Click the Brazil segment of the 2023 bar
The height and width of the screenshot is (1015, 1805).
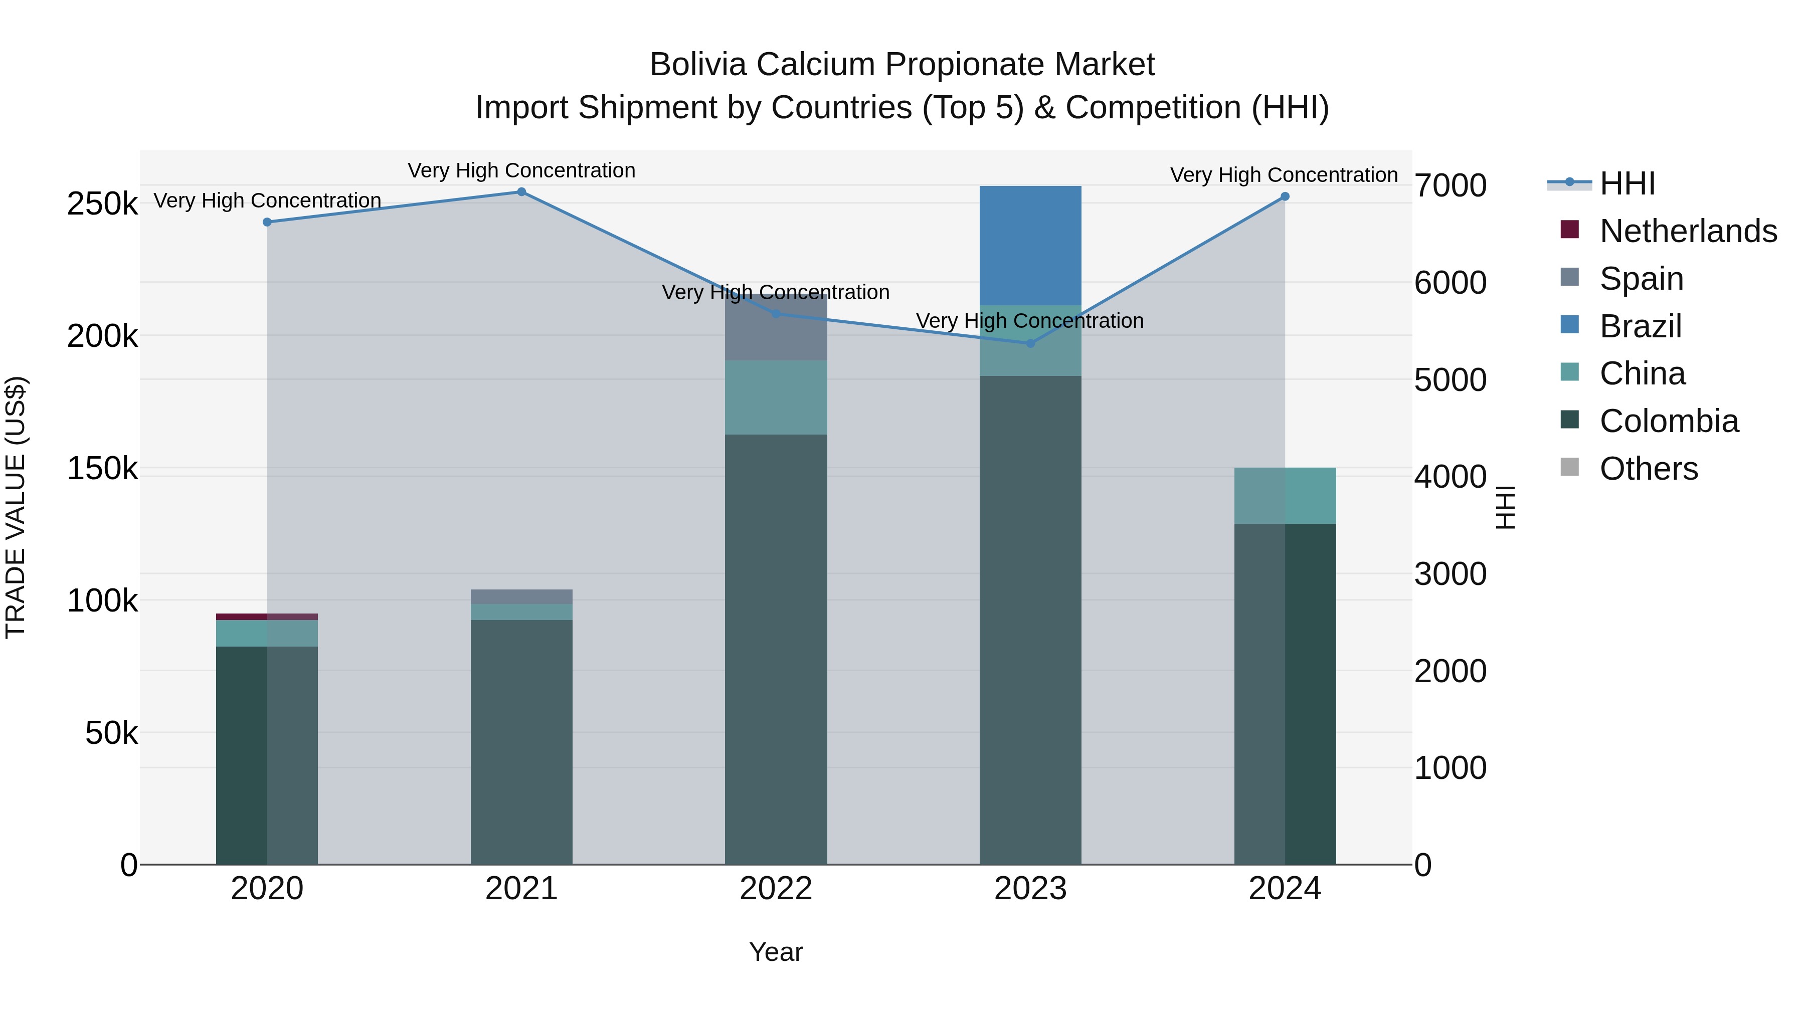coord(1030,245)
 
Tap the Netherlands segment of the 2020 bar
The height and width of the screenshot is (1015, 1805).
coord(266,617)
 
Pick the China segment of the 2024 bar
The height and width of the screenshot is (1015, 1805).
coord(1285,495)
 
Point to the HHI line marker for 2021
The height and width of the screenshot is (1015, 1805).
coord(521,192)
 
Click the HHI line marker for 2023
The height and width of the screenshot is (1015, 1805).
coord(1030,343)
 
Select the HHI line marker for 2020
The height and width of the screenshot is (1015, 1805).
coord(267,222)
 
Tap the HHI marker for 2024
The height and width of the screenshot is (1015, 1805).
coord(1285,197)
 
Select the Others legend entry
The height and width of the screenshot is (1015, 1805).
coord(1648,469)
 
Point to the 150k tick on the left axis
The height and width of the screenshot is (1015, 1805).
coord(102,469)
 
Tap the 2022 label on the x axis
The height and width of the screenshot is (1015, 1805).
coord(776,889)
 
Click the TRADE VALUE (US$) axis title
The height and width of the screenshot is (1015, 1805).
coord(16,507)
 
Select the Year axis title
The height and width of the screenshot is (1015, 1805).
coord(776,952)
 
